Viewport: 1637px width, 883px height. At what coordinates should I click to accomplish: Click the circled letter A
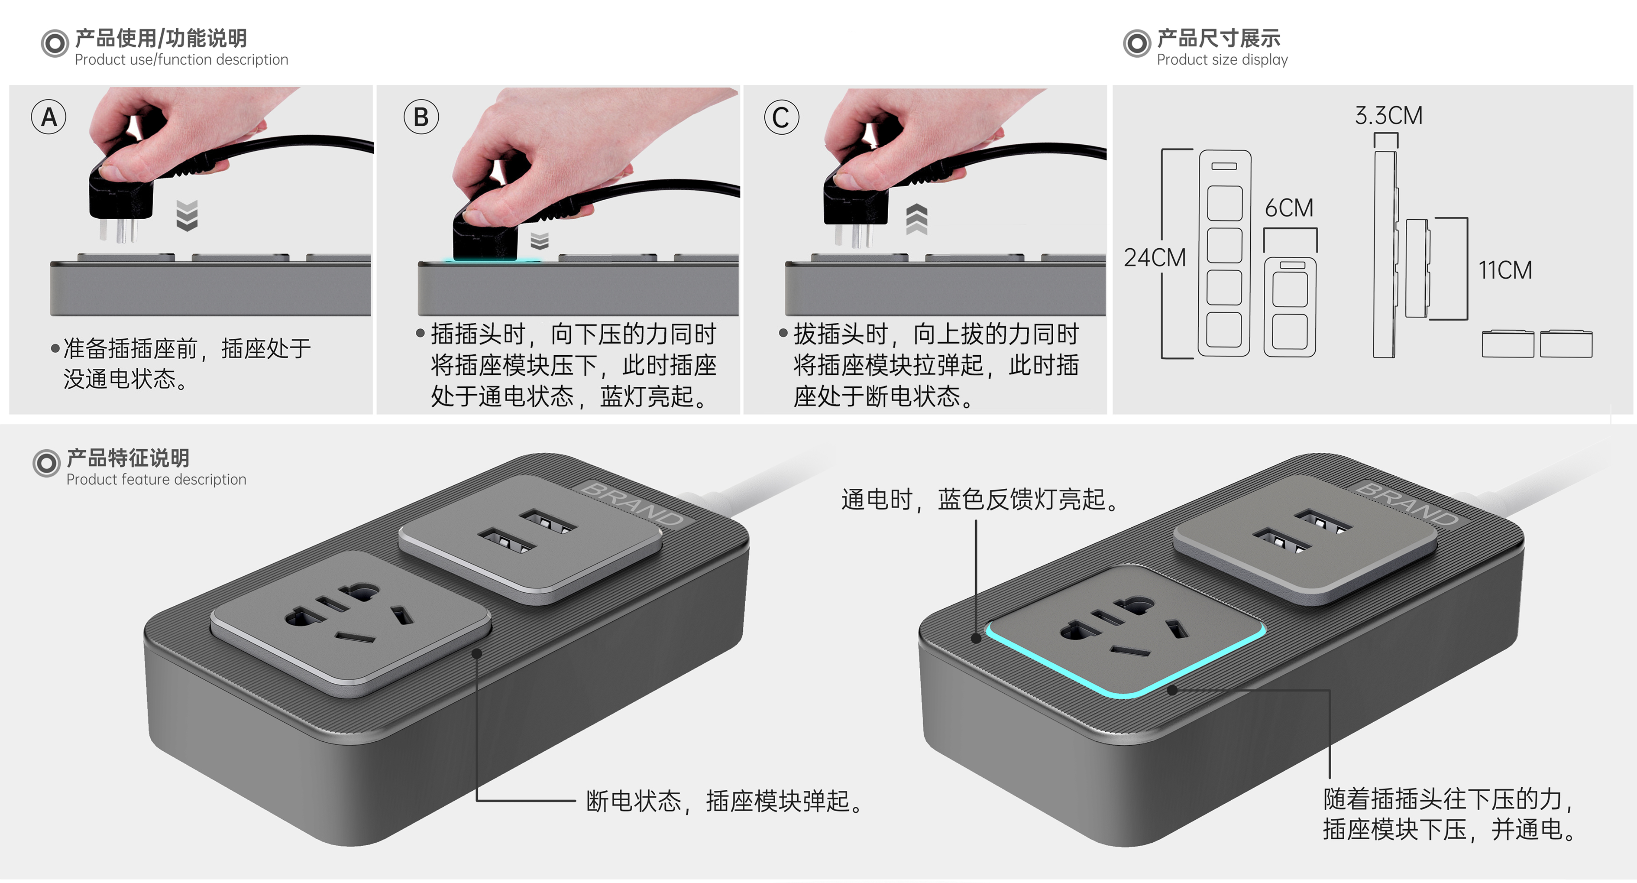(49, 117)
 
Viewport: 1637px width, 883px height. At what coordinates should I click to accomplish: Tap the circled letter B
(421, 117)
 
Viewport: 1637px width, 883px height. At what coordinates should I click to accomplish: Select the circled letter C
(781, 117)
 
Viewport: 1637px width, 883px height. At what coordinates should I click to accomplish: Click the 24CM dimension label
(1155, 257)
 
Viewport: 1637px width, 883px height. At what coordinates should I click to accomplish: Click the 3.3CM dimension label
(1388, 116)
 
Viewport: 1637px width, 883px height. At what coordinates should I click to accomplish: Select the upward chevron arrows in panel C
(916, 219)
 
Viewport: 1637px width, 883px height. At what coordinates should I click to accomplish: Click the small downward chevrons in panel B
(540, 241)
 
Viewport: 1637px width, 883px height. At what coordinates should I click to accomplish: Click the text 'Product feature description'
(156, 479)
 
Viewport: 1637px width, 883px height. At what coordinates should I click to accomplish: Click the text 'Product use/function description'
(181, 60)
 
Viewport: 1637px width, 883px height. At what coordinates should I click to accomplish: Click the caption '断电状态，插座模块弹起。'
(725, 801)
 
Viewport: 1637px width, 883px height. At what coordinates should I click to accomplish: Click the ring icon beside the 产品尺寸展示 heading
(1137, 43)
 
